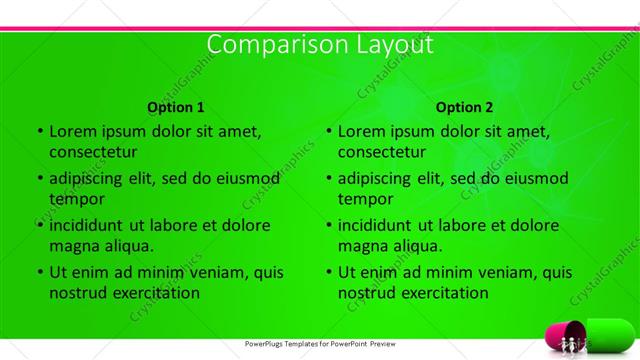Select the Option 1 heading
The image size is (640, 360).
coord(176,107)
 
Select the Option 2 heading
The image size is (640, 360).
coord(465,107)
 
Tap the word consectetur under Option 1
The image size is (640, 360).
coord(93,152)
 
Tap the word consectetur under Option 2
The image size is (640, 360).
coord(382,152)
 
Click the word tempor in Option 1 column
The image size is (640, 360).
coord(76,199)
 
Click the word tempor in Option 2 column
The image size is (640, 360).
coord(365,199)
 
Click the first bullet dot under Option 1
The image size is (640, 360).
coord(39,131)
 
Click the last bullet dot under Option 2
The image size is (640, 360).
coord(328,272)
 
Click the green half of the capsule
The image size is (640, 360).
coord(610,333)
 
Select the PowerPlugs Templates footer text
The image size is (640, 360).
coord(320,344)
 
